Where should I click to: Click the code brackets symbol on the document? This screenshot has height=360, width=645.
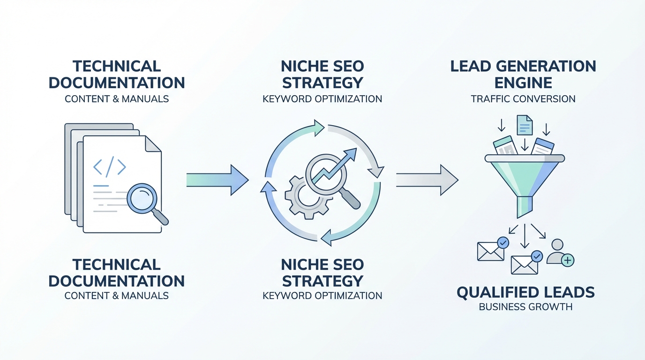click(x=110, y=167)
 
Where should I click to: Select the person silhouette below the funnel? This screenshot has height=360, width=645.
click(x=557, y=250)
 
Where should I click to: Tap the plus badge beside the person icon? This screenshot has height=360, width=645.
click(x=568, y=260)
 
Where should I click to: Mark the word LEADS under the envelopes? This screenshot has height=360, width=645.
click(x=572, y=293)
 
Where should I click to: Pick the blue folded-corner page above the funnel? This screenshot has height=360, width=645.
click(x=525, y=125)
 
